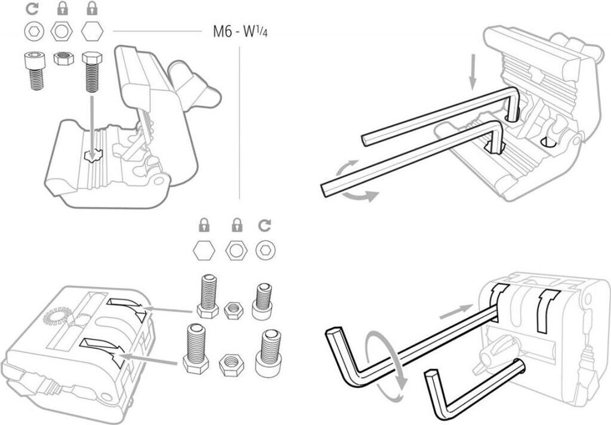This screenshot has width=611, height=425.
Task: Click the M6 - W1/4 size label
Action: [x=240, y=32]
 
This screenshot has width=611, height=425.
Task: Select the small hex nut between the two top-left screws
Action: [x=63, y=58]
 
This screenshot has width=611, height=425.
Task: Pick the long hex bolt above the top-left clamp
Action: [x=92, y=72]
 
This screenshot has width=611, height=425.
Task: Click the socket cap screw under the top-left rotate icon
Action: [x=35, y=70]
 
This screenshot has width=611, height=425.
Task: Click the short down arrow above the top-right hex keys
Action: [x=473, y=72]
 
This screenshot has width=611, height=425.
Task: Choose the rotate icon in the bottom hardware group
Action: [x=265, y=225]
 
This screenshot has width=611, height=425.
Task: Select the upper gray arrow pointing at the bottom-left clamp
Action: [x=169, y=310]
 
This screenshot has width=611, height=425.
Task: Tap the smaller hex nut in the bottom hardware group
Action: [x=234, y=310]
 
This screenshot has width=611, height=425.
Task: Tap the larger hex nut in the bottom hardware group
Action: [x=232, y=365]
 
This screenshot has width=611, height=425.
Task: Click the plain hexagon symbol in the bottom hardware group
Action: [x=204, y=250]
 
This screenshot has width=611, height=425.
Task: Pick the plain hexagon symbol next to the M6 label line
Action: [x=92, y=31]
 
